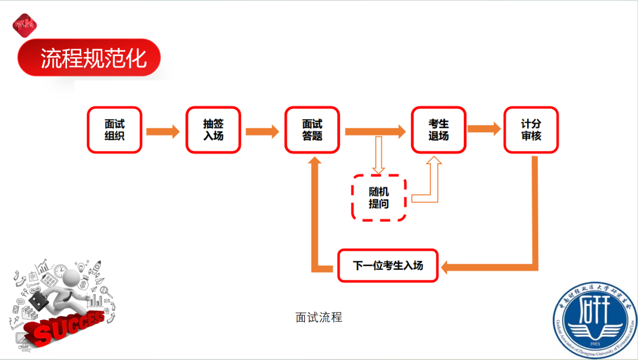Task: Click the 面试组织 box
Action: (114, 130)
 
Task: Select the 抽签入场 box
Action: (214, 130)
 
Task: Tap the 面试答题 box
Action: (312, 130)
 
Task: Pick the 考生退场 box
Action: (439, 130)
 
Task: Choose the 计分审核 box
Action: (531, 130)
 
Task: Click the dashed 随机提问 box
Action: (379, 198)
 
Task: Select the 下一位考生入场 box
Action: (388, 265)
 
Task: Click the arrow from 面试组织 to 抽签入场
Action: (163, 131)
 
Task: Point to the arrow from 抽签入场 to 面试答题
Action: (262, 131)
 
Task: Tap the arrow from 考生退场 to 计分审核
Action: (484, 129)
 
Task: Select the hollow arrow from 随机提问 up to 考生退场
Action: (433, 181)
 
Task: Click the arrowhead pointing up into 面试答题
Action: (316, 162)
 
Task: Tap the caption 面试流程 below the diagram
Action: (319, 317)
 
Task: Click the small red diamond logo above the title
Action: (25, 24)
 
